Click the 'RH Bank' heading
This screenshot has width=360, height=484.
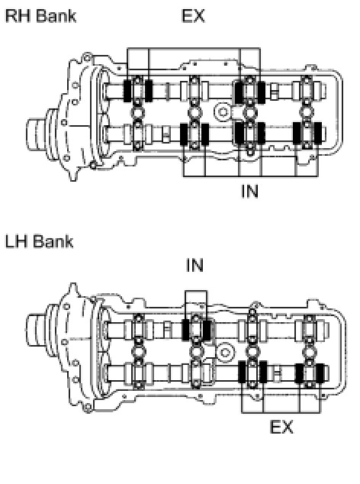click(x=40, y=16)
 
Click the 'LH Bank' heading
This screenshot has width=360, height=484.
click(x=39, y=241)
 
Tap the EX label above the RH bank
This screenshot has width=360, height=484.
click(x=193, y=16)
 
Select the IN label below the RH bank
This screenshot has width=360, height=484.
click(x=249, y=191)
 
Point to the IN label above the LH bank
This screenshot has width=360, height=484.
click(x=195, y=265)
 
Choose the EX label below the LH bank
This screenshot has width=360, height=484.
click(x=281, y=427)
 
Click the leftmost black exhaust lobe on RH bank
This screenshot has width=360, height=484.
click(x=127, y=91)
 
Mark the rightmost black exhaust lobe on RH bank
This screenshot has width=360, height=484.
click(x=261, y=92)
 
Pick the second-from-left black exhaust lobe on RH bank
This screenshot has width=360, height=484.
click(x=149, y=91)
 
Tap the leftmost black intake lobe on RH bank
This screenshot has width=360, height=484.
click(x=184, y=134)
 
